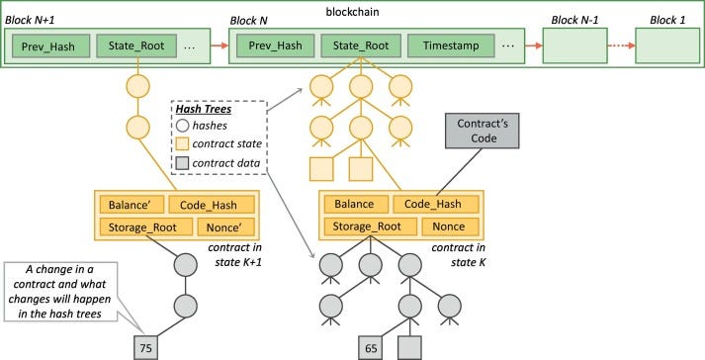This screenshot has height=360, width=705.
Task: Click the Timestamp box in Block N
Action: (x=456, y=45)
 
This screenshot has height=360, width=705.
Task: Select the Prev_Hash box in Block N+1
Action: (x=52, y=45)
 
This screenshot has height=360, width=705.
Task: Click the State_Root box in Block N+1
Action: (x=137, y=45)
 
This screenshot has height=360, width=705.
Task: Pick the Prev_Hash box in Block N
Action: (x=276, y=45)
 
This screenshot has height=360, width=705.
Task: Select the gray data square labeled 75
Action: (x=144, y=347)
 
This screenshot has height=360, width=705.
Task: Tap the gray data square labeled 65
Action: (x=370, y=347)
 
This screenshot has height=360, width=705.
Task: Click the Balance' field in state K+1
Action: (x=132, y=205)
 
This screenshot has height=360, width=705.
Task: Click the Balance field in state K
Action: (x=353, y=205)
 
